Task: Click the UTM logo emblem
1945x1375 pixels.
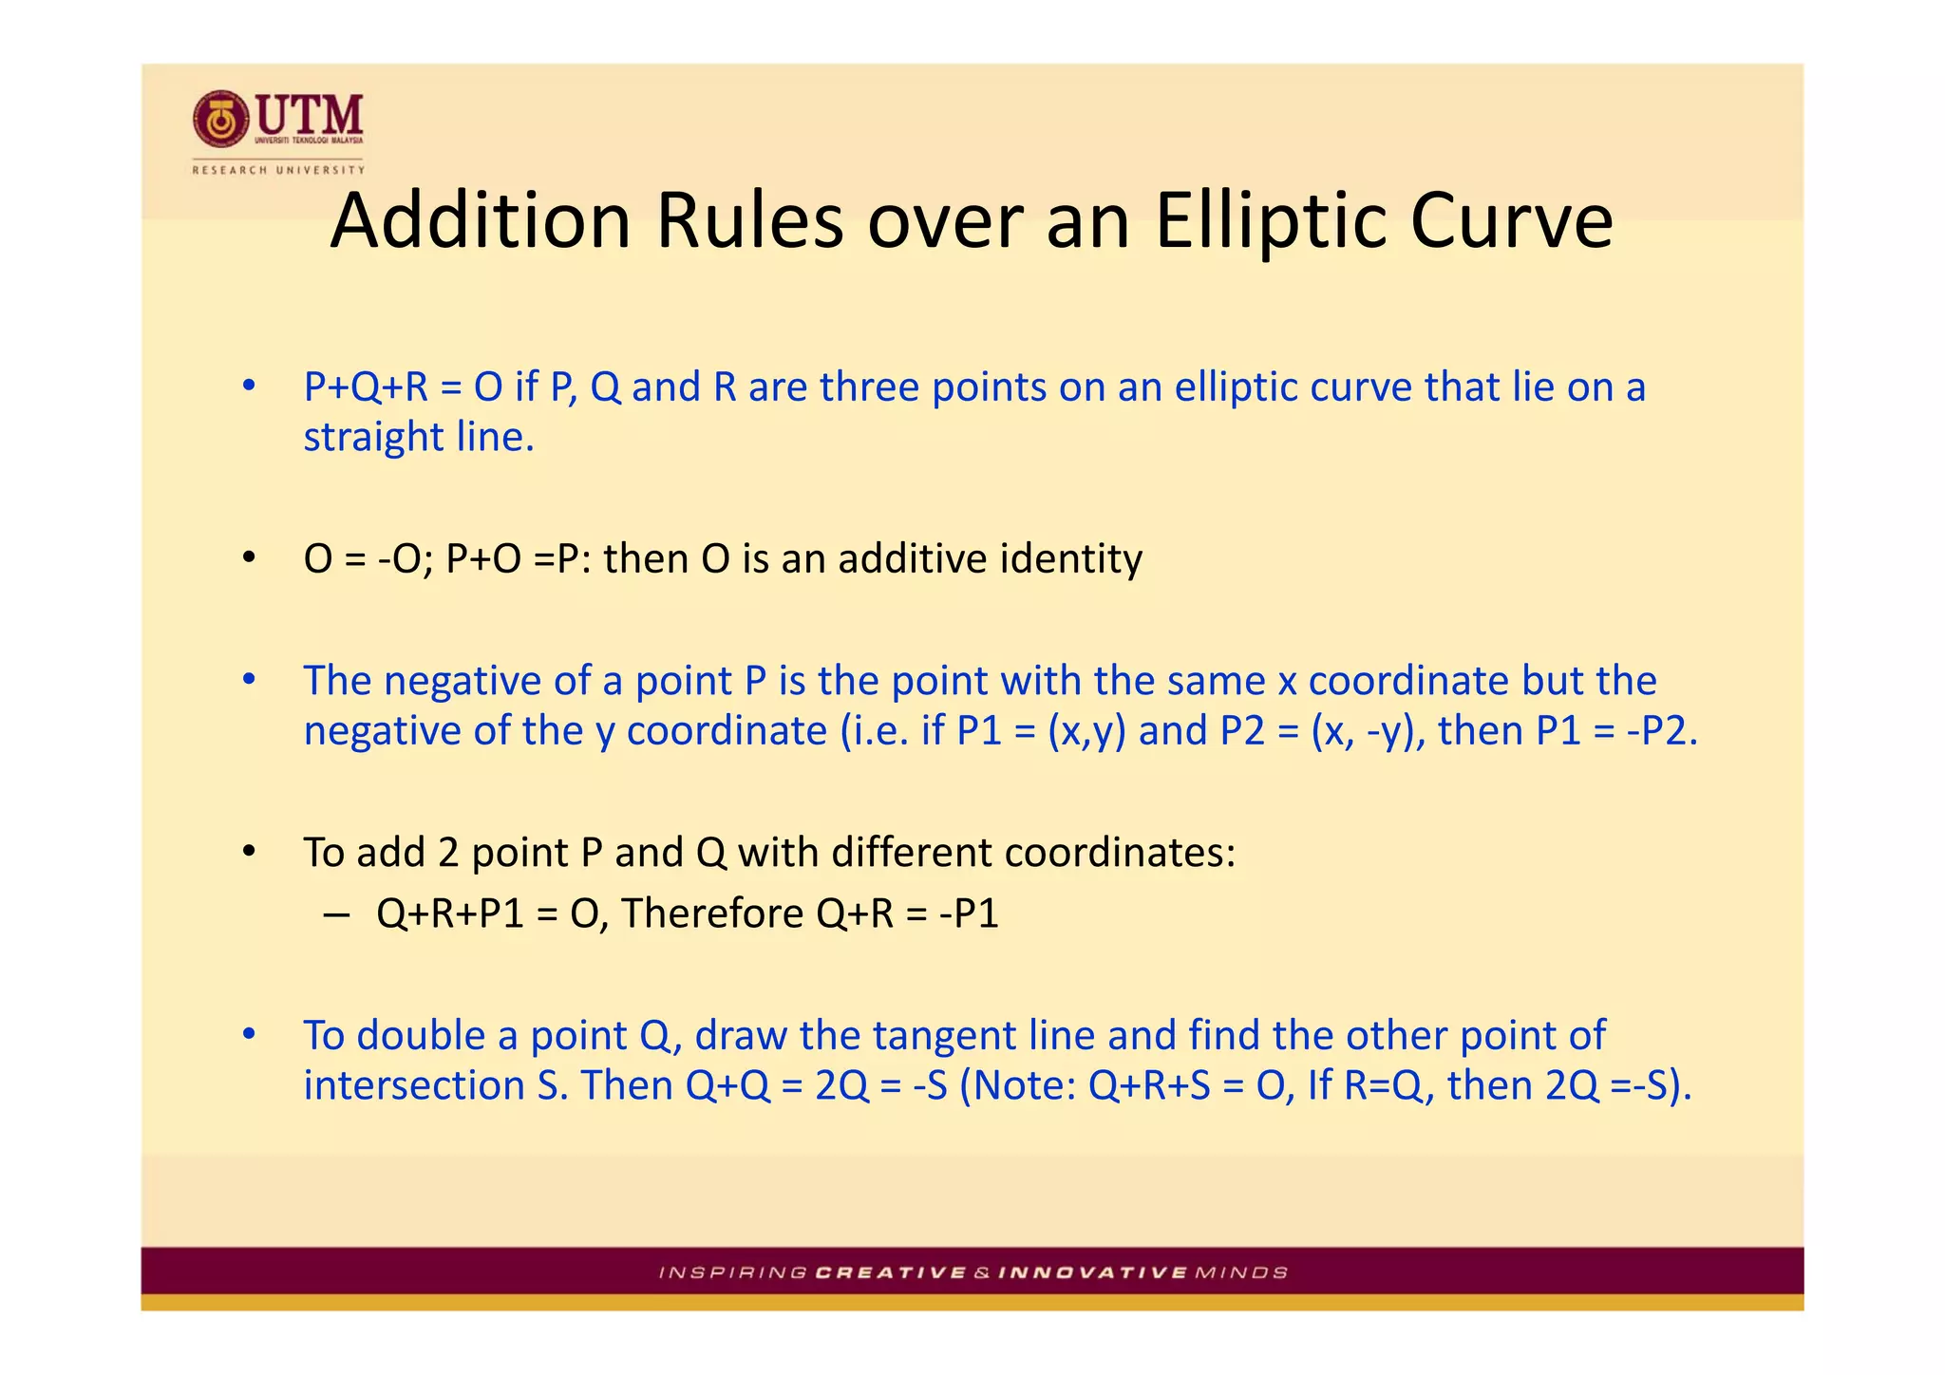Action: coord(221,121)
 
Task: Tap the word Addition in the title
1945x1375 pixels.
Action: coord(481,221)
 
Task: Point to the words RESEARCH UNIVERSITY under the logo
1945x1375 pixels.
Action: coord(278,170)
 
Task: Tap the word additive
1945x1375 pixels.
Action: coord(912,558)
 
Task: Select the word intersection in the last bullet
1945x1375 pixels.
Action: coord(413,1085)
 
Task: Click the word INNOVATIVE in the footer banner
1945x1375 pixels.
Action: coord(1093,1272)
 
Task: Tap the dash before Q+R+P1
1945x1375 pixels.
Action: coord(336,914)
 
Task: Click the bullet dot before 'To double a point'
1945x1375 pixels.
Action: coord(249,1033)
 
